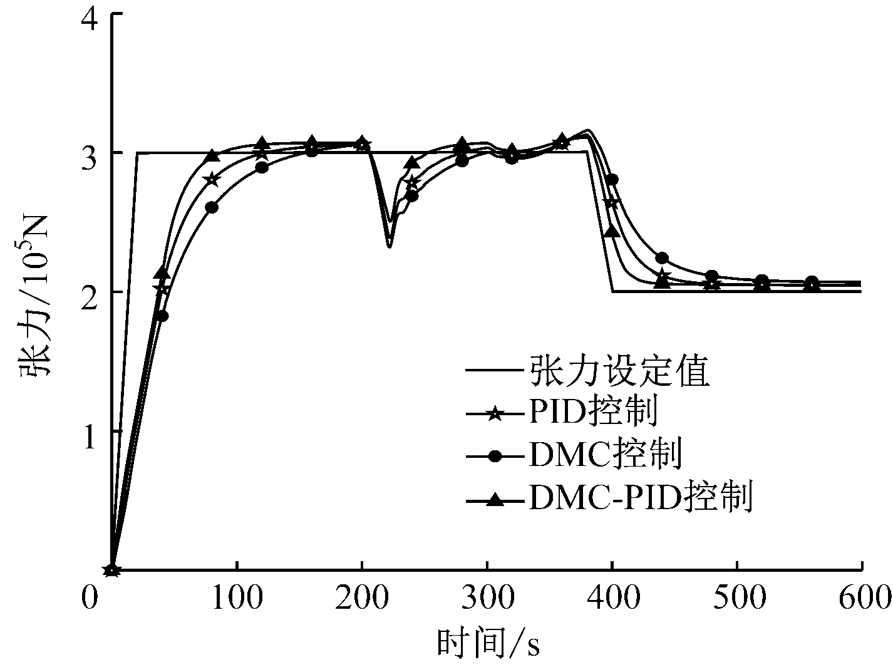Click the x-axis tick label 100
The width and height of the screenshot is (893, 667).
click(x=237, y=599)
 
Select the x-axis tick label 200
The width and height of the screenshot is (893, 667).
click(x=362, y=599)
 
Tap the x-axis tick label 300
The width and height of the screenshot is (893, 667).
click(x=487, y=599)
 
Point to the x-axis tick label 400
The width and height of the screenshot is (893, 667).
click(x=612, y=599)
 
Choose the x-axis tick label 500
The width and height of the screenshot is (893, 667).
click(x=738, y=599)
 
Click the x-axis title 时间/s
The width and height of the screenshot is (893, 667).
click(x=488, y=643)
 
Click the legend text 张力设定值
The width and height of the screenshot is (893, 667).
click(x=619, y=371)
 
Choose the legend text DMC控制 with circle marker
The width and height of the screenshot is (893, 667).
click(x=605, y=455)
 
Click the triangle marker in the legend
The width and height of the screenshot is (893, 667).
click(x=495, y=499)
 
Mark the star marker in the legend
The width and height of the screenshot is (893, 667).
click(x=495, y=414)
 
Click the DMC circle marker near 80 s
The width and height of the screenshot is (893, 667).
click(x=212, y=207)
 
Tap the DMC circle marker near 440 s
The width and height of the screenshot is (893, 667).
click(x=662, y=258)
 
